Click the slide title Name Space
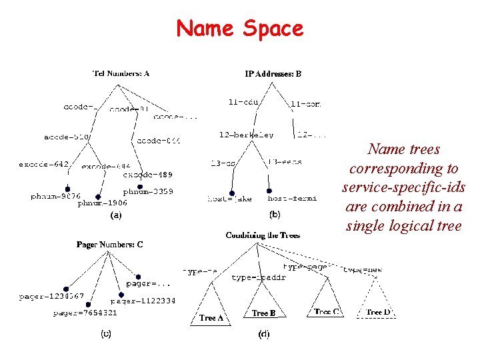tap(239, 28)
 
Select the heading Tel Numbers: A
tap(120, 73)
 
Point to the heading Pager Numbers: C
tap(109, 245)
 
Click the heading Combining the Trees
tap(263, 235)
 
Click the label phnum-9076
tap(55, 196)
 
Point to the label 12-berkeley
tap(246, 135)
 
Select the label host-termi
tap(291, 198)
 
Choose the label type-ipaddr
tap(259, 277)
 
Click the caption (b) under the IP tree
tap(274, 215)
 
